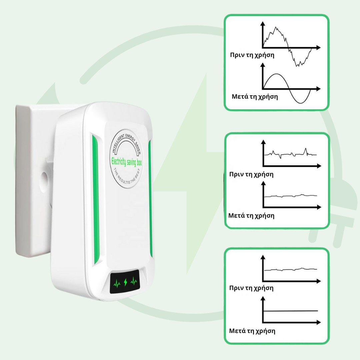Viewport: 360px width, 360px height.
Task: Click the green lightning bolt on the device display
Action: tap(125, 282)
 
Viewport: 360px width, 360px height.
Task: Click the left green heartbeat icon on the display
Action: tap(117, 283)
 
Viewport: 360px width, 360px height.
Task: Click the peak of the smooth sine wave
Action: tap(276, 74)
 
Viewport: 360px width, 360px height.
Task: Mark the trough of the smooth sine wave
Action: tap(301, 103)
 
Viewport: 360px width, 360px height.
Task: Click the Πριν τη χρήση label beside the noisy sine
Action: tap(252, 55)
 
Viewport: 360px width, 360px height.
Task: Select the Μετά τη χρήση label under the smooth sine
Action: tap(255, 97)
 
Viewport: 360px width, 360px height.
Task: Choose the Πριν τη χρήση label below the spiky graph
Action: tap(251, 174)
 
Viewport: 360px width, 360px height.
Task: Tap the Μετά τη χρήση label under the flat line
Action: tap(252, 331)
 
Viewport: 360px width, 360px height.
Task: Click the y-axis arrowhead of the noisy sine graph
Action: tap(263, 24)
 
